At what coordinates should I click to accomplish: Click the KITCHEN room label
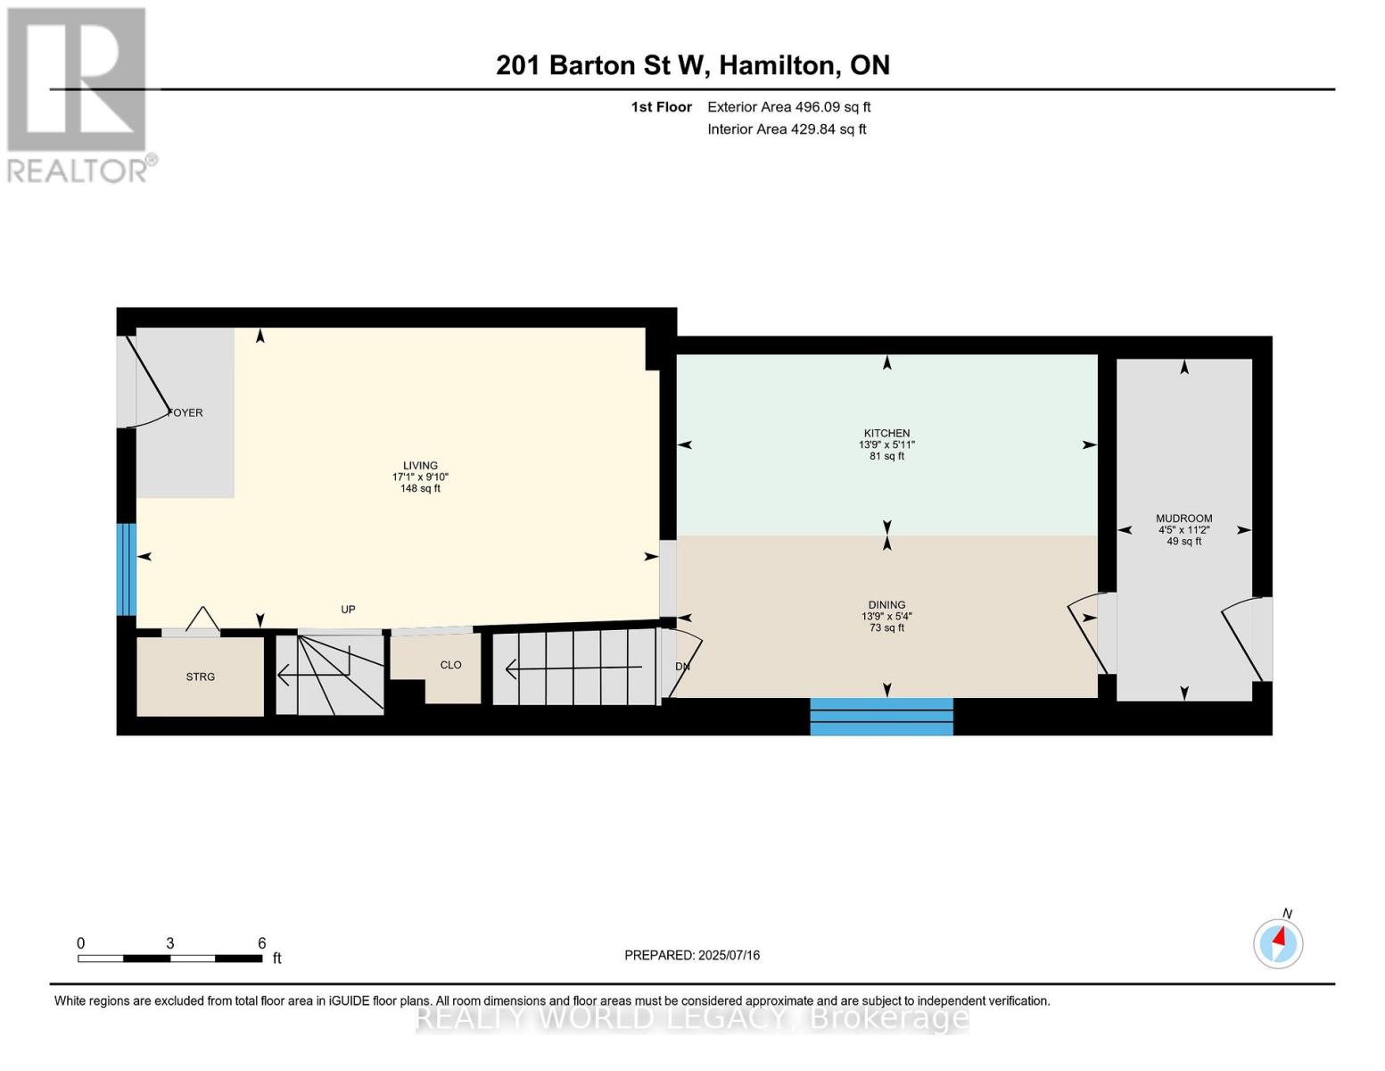886,433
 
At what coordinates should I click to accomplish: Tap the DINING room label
886,605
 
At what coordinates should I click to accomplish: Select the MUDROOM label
1184,519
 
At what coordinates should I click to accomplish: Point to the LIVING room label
420,466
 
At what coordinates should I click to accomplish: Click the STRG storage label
200,677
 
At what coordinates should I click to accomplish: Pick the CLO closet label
450,665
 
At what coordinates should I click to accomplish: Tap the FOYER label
185,412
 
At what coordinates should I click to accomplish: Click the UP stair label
348,610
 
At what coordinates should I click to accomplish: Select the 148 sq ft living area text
420,488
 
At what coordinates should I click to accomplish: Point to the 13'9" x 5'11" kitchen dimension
886,444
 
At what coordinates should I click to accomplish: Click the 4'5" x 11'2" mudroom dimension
1184,530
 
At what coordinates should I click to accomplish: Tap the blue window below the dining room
881,717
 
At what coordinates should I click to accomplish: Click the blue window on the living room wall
127,569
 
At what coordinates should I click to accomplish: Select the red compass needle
1279,937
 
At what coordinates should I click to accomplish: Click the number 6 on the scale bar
262,942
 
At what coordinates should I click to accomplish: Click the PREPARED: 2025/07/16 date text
692,955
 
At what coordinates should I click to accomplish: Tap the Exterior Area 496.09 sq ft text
789,107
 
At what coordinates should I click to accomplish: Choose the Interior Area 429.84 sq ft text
787,129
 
